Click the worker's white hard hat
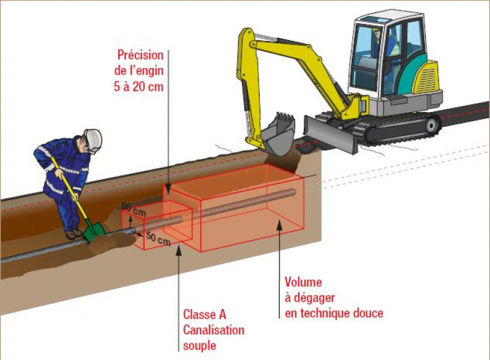[x=92, y=138]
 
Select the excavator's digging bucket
[x=279, y=133]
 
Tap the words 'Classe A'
[x=205, y=315]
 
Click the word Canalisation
[x=214, y=330]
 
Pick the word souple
[x=199, y=345]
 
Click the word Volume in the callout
[x=302, y=283]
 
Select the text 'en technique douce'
[x=333, y=313]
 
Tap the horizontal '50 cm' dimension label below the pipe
[x=158, y=239]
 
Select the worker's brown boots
[x=74, y=234]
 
